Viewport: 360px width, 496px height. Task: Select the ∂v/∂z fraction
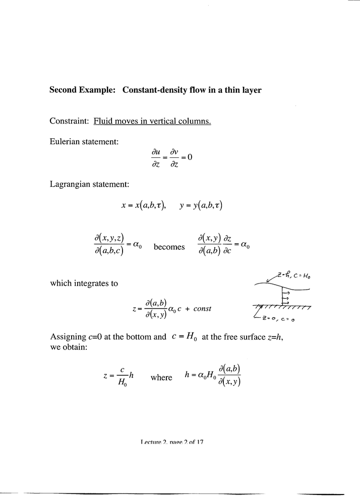point(172,157)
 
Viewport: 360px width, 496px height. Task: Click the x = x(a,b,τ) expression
point(143,206)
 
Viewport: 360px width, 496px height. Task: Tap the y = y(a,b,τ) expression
point(201,206)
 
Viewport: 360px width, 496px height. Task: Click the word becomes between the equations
point(169,247)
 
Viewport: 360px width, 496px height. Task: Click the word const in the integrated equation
point(202,309)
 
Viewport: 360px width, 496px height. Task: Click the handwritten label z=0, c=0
point(279,319)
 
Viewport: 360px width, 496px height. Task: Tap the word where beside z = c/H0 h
point(161,377)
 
